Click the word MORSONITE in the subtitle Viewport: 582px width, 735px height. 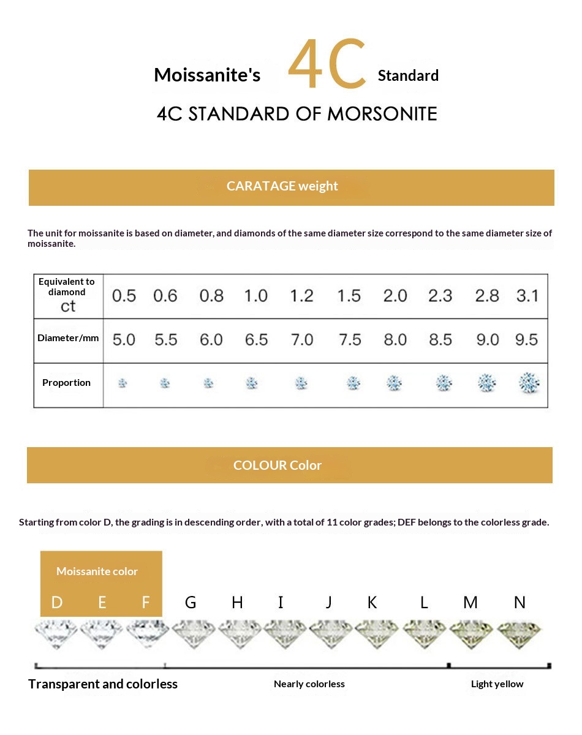[x=382, y=114]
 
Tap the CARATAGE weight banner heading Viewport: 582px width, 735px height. [x=282, y=186]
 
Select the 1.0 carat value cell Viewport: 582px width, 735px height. [x=255, y=296]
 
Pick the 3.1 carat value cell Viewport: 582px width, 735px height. [x=527, y=296]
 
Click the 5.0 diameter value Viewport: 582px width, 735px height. [x=124, y=339]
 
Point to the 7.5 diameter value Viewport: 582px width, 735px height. [x=349, y=339]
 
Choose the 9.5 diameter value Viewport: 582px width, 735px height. [x=527, y=339]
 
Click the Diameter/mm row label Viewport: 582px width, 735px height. [x=68, y=338]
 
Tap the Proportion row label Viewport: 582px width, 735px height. [x=66, y=383]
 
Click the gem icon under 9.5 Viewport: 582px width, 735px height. [x=529, y=383]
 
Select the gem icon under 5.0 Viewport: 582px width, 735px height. [x=123, y=383]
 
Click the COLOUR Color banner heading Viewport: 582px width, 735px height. [x=278, y=466]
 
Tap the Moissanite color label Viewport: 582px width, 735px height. [x=97, y=571]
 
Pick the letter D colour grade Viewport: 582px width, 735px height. [x=57, y=603]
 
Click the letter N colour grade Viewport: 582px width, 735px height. [x=520, y=603]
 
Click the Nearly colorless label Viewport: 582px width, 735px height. [x=309, y=684]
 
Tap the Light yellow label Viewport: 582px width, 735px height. [x=497, y=684]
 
